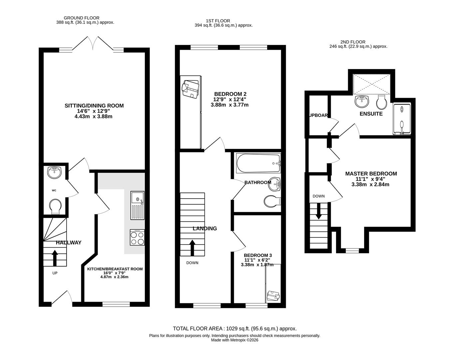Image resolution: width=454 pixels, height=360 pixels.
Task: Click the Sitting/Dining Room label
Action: tap(94, 106)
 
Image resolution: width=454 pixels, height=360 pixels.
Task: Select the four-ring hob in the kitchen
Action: tap(137, 237)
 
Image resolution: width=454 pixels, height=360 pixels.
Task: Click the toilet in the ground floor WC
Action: tap(55, 206)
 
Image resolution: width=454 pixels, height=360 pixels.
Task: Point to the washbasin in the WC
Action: tap(54, 172)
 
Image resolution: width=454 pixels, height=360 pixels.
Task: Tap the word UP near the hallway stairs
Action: tap(55, 273)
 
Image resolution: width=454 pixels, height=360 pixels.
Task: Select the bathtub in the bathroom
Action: tap(258, 163)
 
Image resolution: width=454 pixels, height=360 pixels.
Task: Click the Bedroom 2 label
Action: tap(230, 94)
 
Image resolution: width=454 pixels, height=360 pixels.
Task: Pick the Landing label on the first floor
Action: tap(205, 229)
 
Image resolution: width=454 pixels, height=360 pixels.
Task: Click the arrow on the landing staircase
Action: tap(193, 248)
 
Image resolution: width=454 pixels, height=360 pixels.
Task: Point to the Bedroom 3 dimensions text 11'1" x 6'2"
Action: tap(257, 260)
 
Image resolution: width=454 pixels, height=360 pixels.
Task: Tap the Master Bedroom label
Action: tap(371, 174)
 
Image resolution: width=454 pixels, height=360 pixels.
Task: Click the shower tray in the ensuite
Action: tap(402, 119)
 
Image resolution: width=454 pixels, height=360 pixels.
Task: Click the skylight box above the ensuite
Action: tap(371, 84)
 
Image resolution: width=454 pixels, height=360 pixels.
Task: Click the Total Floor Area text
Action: tap(234, 329)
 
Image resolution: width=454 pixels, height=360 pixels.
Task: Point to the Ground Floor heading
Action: tap(81, 18)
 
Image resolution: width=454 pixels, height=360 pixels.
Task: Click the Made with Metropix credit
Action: tap(234, 340)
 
